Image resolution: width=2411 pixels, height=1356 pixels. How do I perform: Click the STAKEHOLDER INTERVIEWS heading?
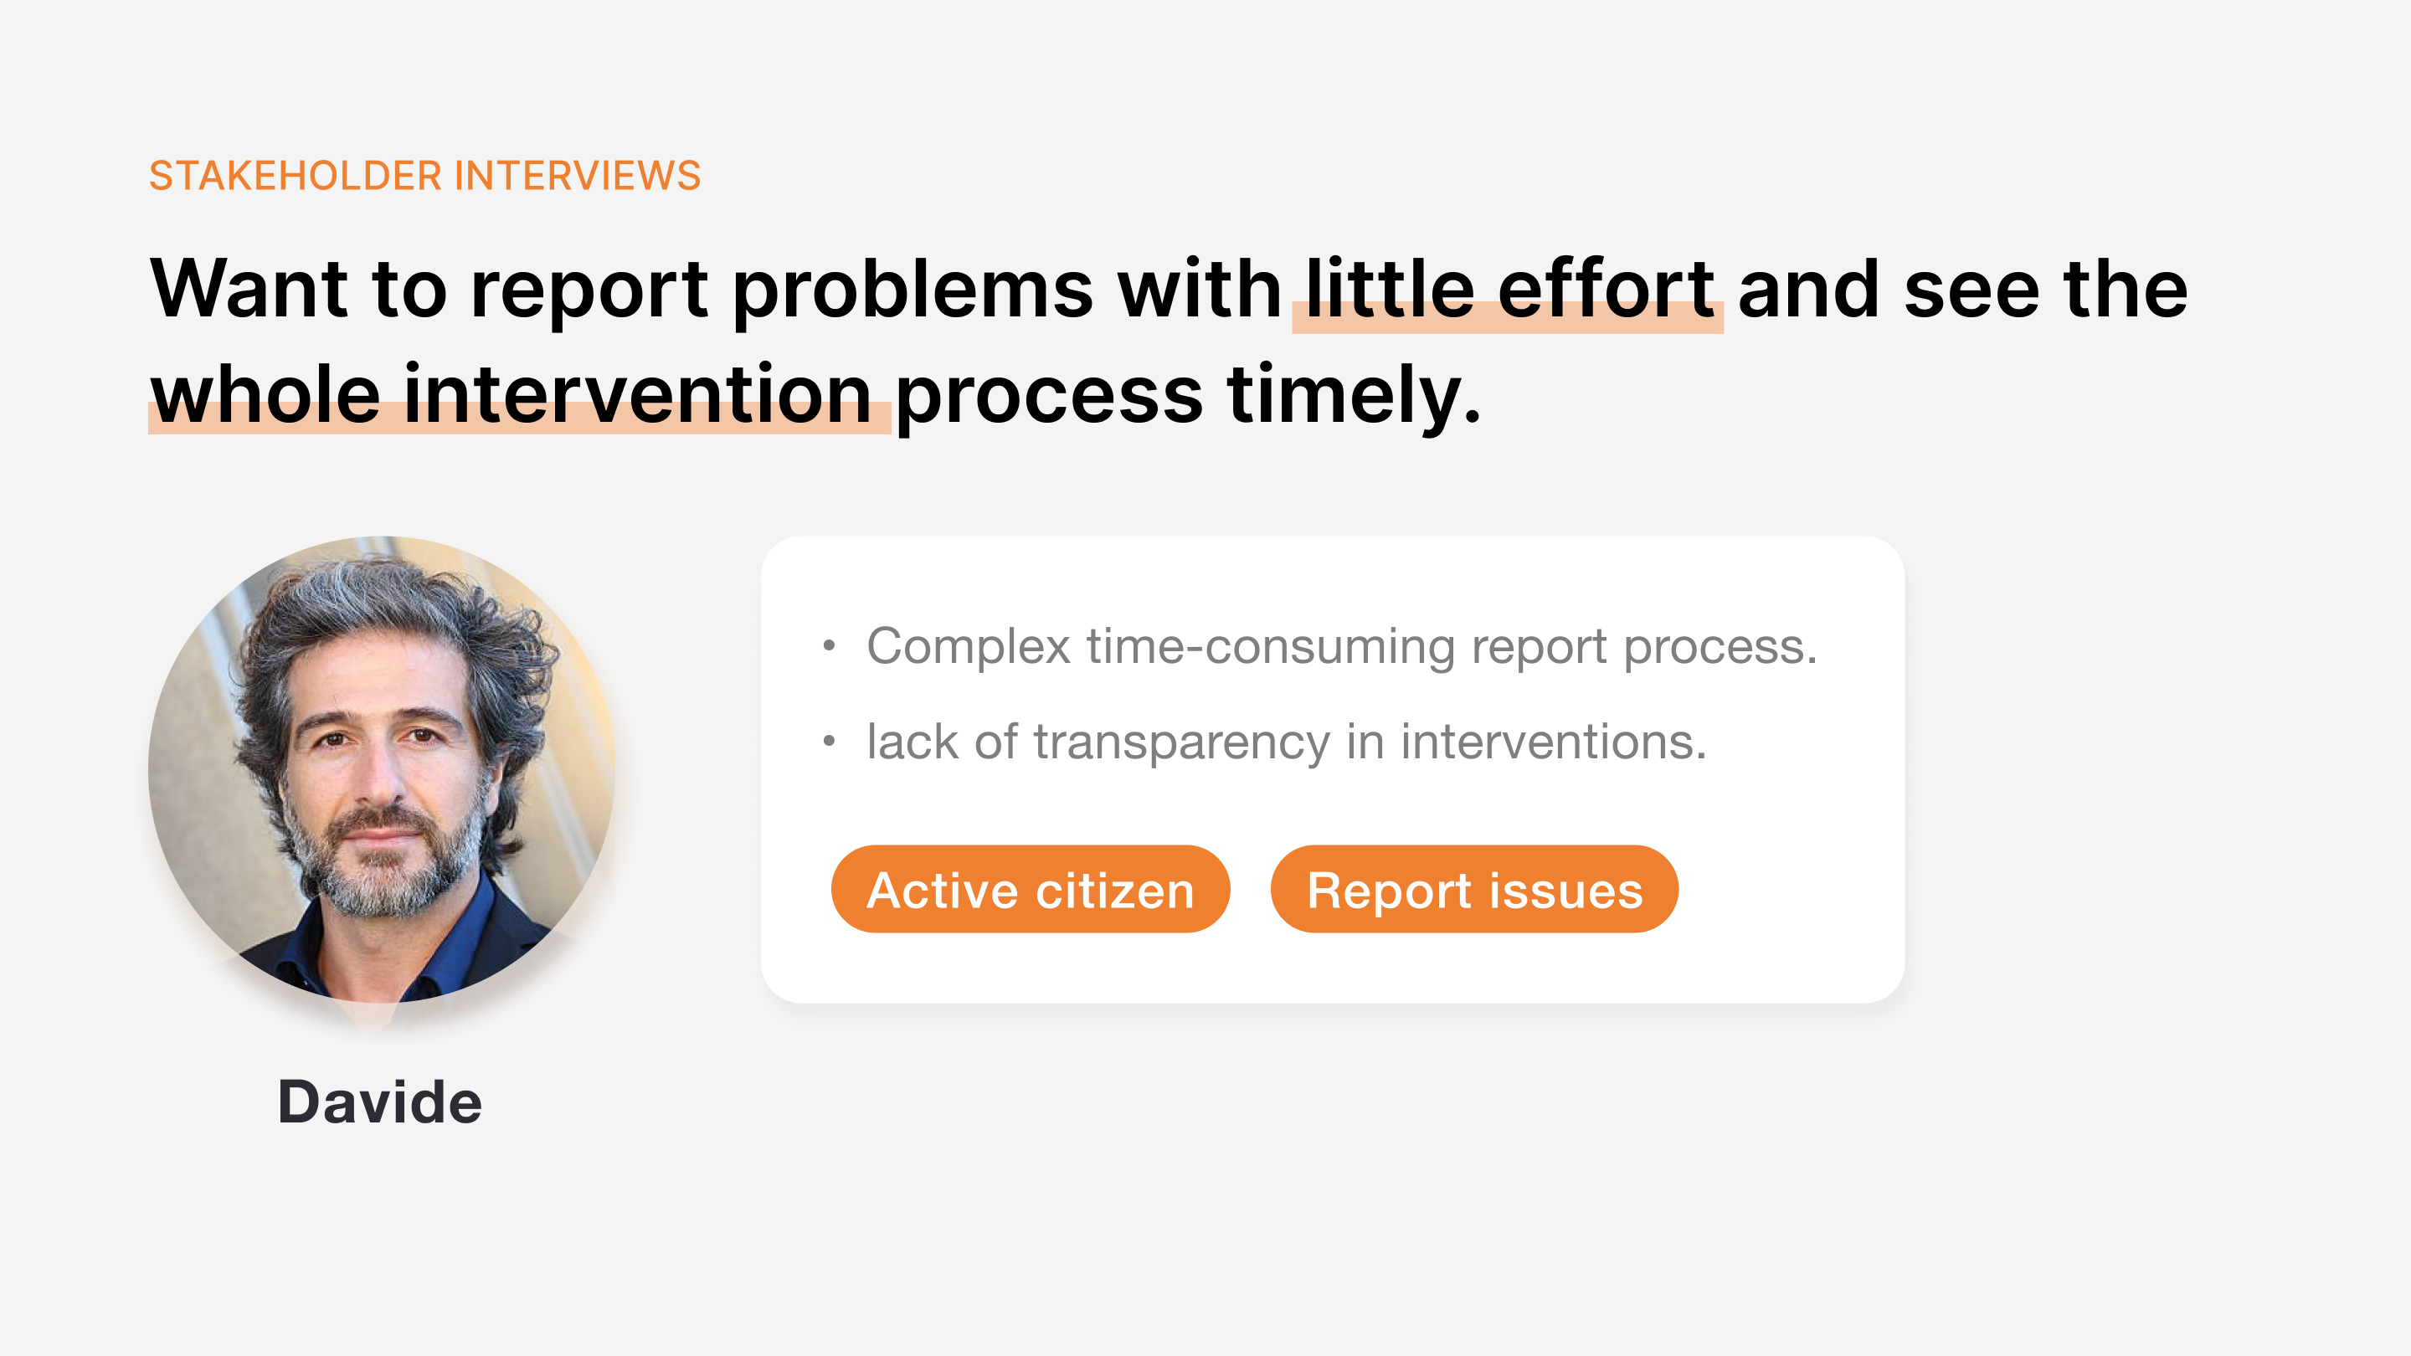[x=425, y=176]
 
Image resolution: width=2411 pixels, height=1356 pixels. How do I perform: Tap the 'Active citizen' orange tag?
[x=1031, y=889]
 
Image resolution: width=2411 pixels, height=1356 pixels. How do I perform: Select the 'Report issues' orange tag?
[x=1474, y=889]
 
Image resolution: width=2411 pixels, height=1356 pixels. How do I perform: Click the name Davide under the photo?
[x=380, y=1102]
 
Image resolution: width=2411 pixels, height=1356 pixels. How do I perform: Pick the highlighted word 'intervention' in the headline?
[x=638, y=394]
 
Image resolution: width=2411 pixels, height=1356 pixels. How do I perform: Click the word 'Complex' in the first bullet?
[x=969, y=648]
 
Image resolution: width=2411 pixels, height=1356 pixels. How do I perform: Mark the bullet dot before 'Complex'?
[x=828, y=645]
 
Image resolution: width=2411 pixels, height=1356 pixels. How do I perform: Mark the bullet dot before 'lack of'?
[x=828, y=741]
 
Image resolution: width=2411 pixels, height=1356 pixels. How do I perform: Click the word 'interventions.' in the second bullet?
[x=1554, y=743]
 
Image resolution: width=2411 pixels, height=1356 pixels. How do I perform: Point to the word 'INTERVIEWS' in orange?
[x=578, y=176]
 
